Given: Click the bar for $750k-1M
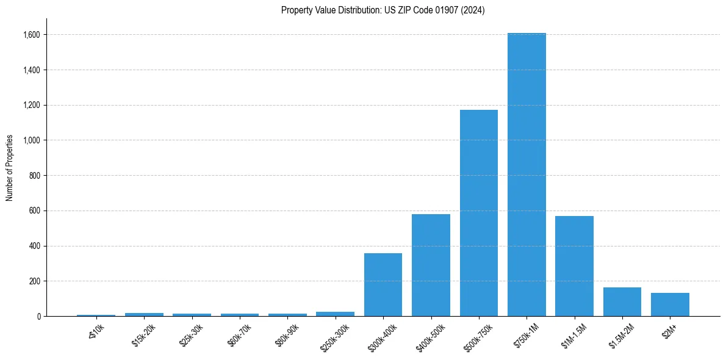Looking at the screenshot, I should (x=527, y=175).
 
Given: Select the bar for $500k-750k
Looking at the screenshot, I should (x=479, y=213).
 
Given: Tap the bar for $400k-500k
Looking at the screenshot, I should (x=431, y=265).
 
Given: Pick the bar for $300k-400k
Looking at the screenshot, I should (x=383, y=284).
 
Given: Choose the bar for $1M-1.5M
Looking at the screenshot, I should (x=574, y=266).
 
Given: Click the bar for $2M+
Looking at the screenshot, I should (x=670, y=304).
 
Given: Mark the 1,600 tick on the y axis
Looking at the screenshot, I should (x=32, y=35).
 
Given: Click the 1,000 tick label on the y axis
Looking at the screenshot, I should (x=32, y=140).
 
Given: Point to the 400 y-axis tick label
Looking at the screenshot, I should (x=35, y=246).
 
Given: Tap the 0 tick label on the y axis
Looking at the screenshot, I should (x=38, y=316).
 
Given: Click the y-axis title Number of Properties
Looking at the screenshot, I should (x=10, y=168).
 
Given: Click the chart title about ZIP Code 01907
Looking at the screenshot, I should (x=383, y=10).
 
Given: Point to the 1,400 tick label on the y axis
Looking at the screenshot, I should (x=32, y=70).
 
